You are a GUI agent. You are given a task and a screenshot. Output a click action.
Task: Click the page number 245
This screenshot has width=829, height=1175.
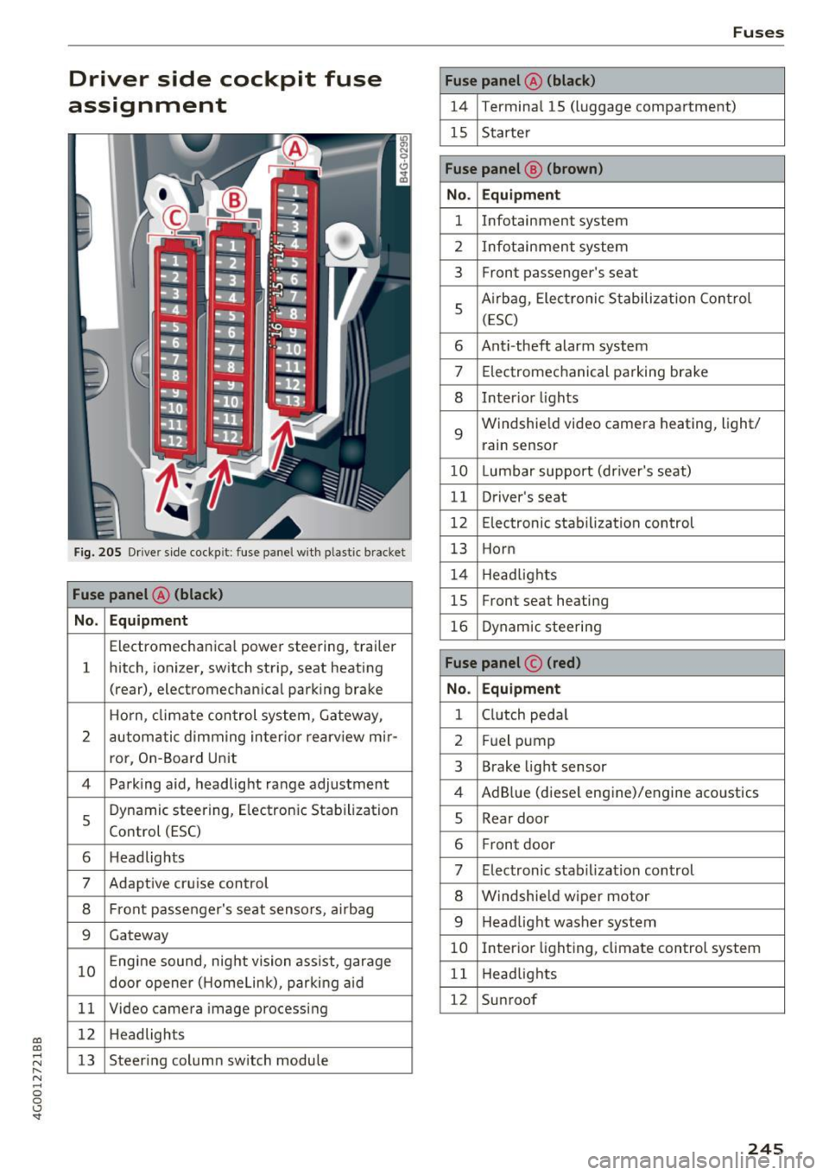[x=765, y=1147]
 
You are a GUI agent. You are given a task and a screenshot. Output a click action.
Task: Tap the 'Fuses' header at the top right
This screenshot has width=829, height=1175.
[x=757, y=33]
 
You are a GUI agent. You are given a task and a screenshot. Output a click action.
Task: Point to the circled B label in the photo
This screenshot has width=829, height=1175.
[x=234, y=200]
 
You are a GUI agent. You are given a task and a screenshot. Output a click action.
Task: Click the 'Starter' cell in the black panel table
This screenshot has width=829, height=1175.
[x=506, y=133]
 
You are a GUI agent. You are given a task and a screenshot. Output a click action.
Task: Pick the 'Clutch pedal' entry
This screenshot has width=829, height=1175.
[x=524, y=715]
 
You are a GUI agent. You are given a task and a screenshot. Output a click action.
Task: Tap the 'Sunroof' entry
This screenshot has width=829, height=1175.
[x=509, y=1000]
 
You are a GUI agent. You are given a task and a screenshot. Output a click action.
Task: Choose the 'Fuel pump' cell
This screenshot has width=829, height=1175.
[x=518, y=741]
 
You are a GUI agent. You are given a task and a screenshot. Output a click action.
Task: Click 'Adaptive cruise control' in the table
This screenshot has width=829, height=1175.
[x=188, y=883]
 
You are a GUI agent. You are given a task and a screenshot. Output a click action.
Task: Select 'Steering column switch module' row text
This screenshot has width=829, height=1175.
[x=218, y=1060]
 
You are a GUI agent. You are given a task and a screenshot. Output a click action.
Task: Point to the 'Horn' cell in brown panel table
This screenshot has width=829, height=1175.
[x=498, y=549]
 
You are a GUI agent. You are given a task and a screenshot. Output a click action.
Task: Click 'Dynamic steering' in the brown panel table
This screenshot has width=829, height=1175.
[x=541, y=627]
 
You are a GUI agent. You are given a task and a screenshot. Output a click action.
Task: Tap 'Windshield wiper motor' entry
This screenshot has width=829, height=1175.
[x=566, y=896]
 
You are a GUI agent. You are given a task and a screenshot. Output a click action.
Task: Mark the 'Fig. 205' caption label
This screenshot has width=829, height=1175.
[x=98, y=553]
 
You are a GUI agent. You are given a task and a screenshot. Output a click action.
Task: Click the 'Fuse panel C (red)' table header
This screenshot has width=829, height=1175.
[x=513, y=663]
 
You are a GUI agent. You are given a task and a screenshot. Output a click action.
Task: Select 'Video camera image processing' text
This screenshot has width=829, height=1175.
[x=218, y=1008]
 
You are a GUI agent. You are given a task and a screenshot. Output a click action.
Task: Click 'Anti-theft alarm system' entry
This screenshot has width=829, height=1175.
[x=565, y=346]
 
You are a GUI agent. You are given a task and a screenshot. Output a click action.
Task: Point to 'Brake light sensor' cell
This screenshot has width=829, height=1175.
[x=544, y=767]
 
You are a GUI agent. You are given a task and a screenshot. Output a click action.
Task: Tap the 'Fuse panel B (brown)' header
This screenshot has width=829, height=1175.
[x=524, y=169]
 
